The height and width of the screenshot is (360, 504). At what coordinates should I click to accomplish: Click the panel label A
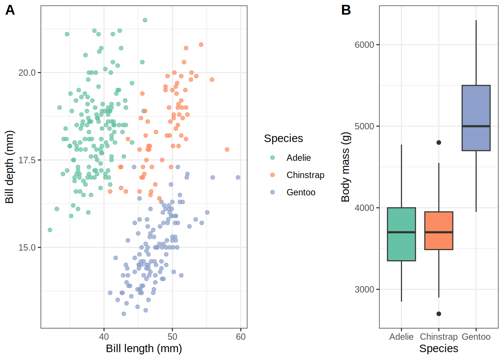tap(10, 10)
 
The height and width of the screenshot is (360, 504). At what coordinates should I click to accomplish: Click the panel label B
tap(346, 10)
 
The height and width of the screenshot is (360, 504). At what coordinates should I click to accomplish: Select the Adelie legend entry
tap(298, 158)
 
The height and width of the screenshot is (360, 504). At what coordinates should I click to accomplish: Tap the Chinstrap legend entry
tap(305, 175)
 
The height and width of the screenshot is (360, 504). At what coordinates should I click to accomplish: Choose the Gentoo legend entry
tap(301, 192)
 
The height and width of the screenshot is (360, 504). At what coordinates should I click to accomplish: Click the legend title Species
tap(283, 138)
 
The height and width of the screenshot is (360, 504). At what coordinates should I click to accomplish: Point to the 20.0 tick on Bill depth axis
tap(27, 73)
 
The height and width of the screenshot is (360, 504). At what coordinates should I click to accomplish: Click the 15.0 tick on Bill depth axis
tap(27, 247)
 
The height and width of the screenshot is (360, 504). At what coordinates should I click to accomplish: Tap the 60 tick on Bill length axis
tap(241, 337)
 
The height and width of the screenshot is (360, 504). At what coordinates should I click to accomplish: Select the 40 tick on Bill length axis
tap(104, 337)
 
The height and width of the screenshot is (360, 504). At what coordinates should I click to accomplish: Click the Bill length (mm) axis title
tap(144, 349)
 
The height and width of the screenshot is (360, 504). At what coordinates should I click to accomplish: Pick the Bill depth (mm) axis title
tap(9, 167)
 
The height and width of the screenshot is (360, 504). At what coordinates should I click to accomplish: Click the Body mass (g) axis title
tap(345, 167)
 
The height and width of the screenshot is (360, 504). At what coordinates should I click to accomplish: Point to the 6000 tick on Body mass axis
tap(364, 45)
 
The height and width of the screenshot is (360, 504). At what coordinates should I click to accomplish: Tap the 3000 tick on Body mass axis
tap(364, 289)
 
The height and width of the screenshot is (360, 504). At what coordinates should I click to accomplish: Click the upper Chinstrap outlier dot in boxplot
tap(439, 142)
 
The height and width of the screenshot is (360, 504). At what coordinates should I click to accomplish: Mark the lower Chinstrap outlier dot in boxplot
tap(439, 314)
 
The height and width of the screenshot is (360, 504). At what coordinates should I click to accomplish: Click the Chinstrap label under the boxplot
tap(439, 337)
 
